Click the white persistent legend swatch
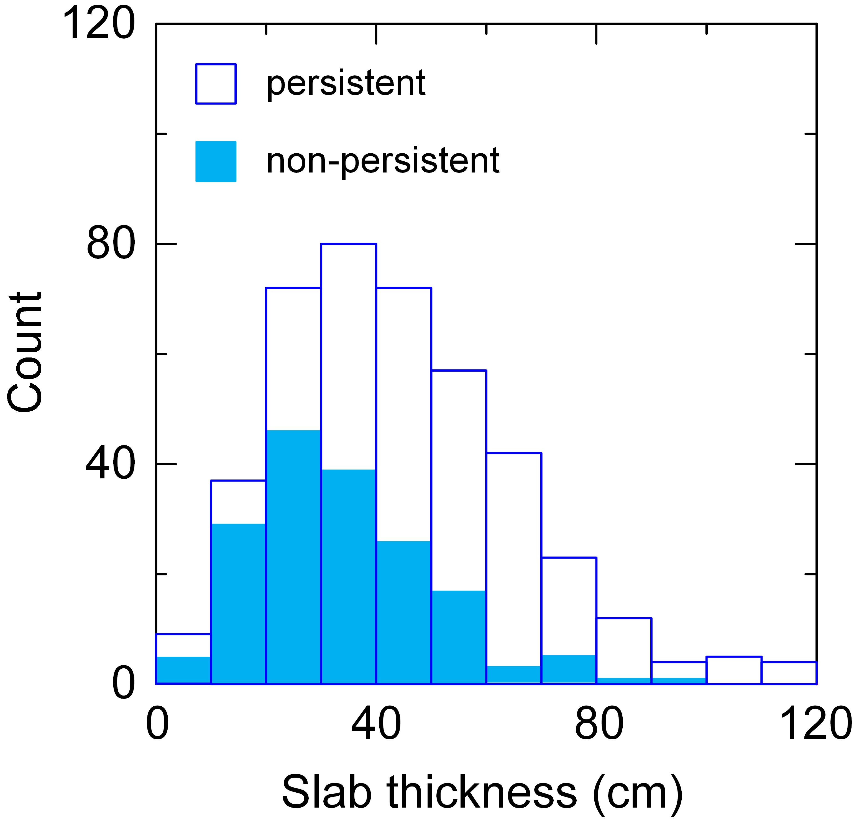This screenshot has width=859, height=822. tap(216, 84)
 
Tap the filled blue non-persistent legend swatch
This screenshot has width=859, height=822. tap(216, 161)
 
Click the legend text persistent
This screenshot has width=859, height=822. tap(346, 83)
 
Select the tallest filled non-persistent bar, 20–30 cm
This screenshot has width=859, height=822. tap(293, 557)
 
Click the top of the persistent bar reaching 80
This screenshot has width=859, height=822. tap(349, 244)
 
